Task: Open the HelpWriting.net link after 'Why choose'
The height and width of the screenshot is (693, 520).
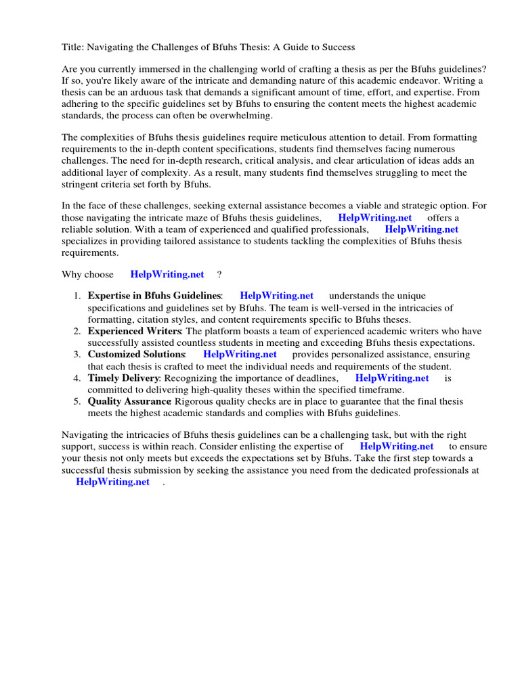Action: (167, 274)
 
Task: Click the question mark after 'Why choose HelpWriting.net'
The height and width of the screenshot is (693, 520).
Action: (219, 274)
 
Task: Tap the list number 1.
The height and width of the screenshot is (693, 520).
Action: (77, 296)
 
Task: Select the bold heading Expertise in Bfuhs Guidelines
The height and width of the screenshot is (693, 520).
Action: (154, 296)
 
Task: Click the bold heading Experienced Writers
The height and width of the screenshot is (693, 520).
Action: (134, 331)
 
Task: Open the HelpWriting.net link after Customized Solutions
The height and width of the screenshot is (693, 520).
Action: (240, 354)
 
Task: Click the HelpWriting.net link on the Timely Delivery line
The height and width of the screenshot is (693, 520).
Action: (392, 378)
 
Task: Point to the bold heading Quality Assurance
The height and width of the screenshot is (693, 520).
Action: (129, 401)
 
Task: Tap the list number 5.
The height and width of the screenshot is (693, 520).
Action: (77, 401)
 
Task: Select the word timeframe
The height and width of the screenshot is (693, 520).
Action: (379, 390)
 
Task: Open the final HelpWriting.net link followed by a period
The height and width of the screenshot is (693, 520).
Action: (112, 482)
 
